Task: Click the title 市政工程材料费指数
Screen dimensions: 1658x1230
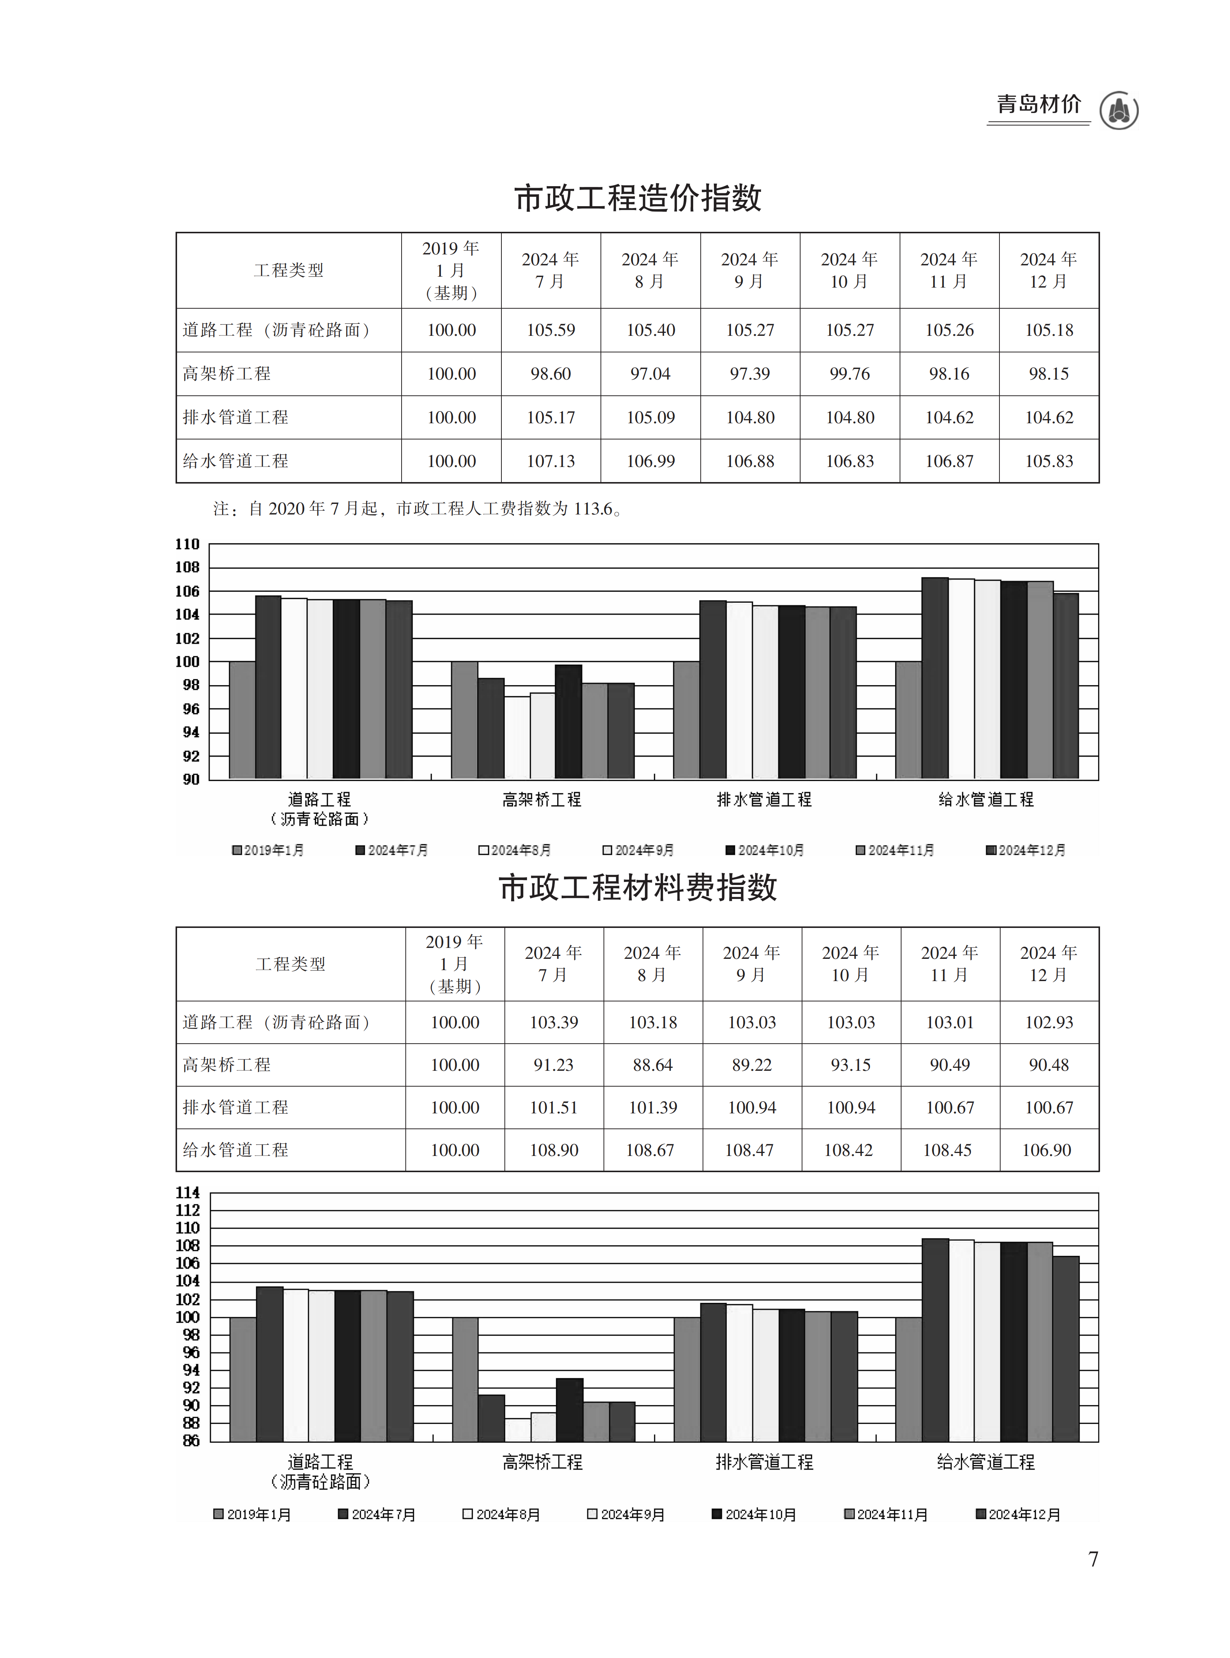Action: (x=637, y=888)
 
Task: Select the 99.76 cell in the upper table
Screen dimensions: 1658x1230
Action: (x=850, y=374)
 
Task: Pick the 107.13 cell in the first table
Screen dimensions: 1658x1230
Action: (x=551, y=461)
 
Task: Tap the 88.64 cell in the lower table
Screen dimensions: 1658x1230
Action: (x=652, y=1065)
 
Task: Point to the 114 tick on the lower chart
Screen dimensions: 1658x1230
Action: (x=188, y=1193)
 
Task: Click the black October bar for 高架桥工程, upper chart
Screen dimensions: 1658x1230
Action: (x=568, y=721)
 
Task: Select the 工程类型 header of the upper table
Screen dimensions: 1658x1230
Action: (x=289, y=270)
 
